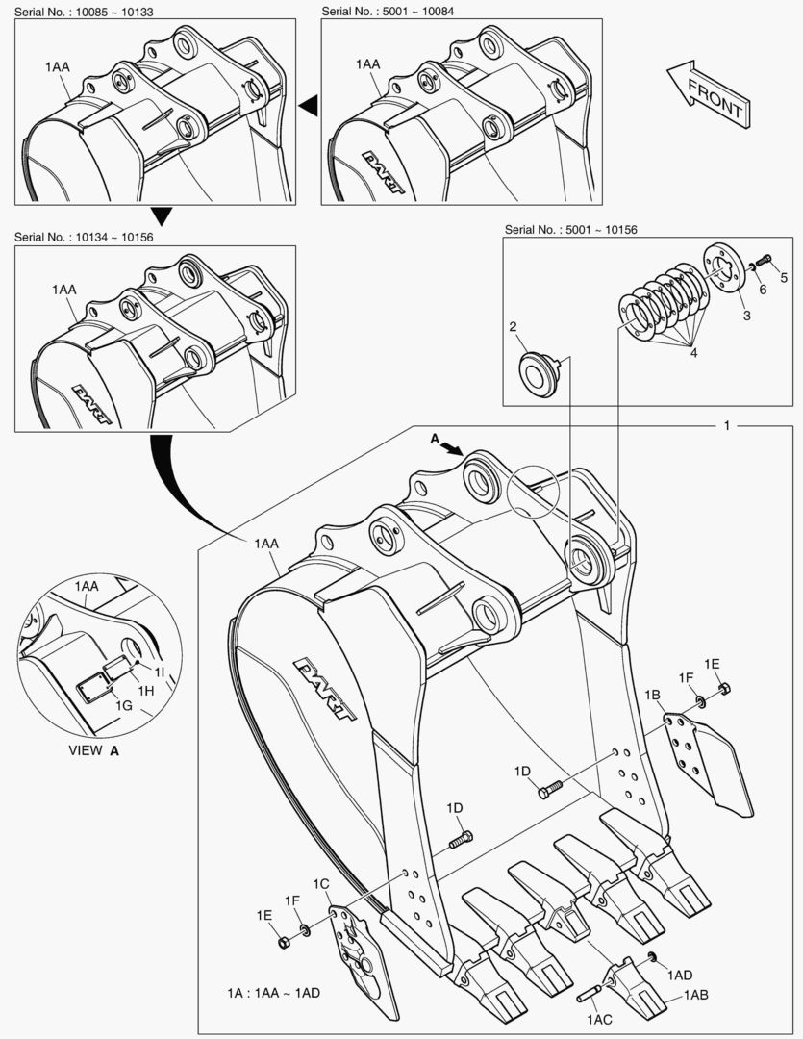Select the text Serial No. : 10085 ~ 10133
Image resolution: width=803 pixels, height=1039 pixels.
tap(85, 11)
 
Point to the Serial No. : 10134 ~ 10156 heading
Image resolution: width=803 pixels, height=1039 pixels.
tap(85, 237)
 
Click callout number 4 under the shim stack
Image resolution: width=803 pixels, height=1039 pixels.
tap(691, 353)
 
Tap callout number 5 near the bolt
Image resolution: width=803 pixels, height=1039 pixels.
tap(783, 278)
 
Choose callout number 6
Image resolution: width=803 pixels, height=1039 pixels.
tap(762, 289)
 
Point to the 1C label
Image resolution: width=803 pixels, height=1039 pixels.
tap(321, 883)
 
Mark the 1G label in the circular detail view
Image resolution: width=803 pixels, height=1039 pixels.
tap(125, 706)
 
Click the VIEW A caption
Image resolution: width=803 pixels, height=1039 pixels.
tap(94, 751)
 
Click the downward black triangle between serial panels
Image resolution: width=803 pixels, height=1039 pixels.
tap(162, 215)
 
